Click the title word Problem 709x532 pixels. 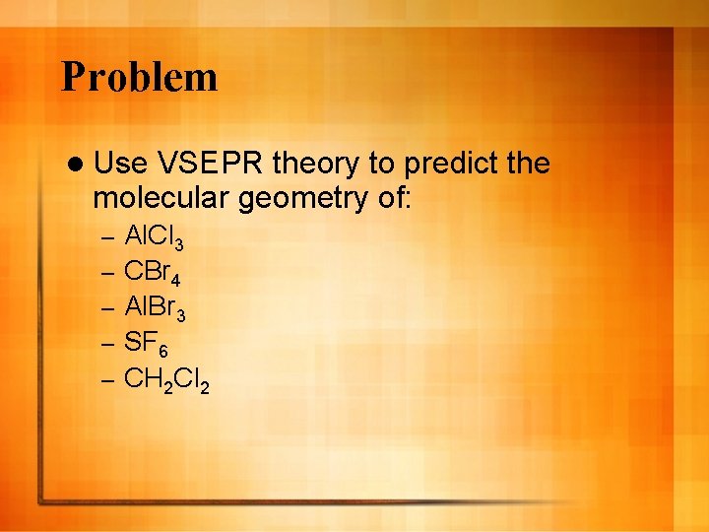click(139, 77)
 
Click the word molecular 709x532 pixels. click(161, 199)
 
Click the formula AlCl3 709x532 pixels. click(154, 238)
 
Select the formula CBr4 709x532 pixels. click(153, 272)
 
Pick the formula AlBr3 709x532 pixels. click(154, 306)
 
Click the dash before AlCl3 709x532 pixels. click(108, 238)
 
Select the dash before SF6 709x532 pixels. click(108, 342)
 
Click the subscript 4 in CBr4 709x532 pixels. click(174, 279)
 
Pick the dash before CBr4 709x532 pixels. click(108, 272)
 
